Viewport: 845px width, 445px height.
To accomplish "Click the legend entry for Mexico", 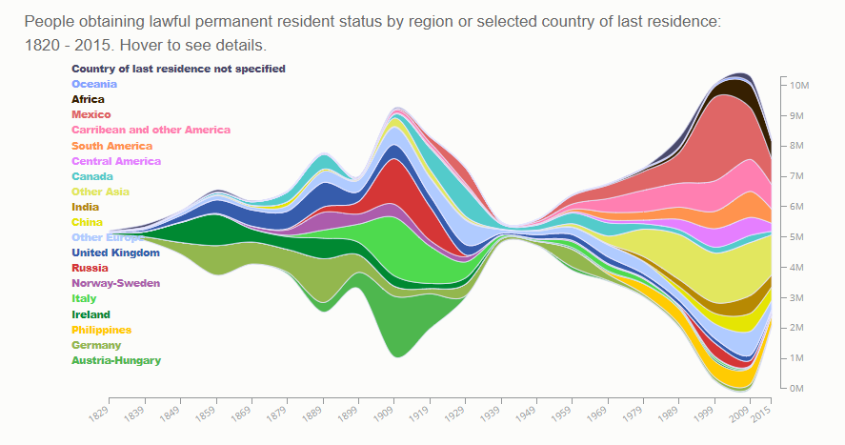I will click(x=91, y=114).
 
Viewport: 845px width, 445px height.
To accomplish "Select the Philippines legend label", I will click(x=101, y=330).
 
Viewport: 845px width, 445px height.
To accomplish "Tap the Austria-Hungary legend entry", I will click(x=116, y=360).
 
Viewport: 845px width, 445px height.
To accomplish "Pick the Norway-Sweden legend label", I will click(x=115, y=283).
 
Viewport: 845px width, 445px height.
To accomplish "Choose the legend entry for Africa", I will click(x=88, y=99).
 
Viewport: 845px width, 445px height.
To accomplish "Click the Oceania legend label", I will click(x=94, y=84).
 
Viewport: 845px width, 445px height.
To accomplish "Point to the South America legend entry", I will click(x=111, y=146).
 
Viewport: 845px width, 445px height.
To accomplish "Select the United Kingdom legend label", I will click(x=115, y=253).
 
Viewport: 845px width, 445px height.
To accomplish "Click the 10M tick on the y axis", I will click(x=798, y=85).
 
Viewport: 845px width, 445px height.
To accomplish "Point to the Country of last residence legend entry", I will click(x=178, y=69).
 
